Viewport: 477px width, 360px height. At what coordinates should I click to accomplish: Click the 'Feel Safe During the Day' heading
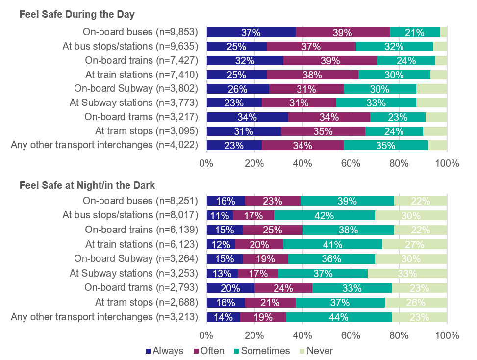pos(76,14)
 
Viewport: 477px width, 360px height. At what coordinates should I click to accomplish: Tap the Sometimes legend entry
pos(265,351)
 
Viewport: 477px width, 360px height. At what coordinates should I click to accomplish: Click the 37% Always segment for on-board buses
pos(251,33)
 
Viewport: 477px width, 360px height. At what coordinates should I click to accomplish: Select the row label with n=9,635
pos(130,47)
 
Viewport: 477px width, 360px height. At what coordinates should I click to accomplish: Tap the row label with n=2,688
pos(146,303)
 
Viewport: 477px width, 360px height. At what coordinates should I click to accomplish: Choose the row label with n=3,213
pos(104,317)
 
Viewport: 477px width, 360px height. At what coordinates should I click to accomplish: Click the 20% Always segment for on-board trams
pos(230,288)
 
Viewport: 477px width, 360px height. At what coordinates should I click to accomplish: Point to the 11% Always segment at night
pos(219,215)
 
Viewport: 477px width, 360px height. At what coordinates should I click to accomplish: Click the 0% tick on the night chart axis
pos(206,336)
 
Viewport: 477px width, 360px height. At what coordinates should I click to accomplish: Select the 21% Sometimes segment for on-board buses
pos(415,33)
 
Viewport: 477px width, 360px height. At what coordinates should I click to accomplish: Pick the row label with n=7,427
pos(141,61)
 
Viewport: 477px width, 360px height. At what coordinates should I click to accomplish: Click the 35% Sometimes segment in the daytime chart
pos(386,146)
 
